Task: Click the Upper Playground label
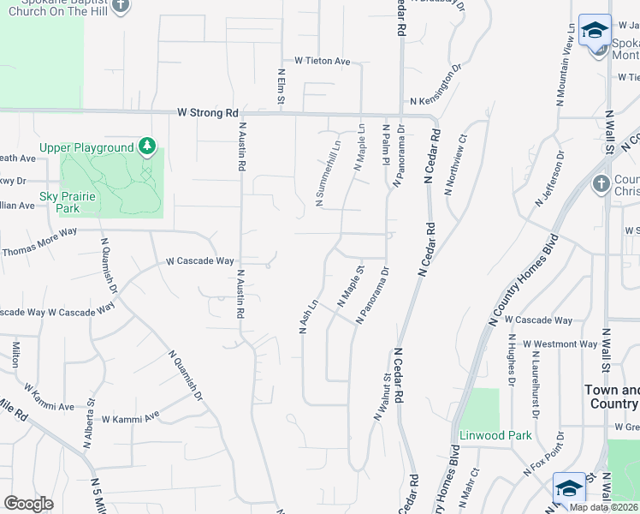[86, 147]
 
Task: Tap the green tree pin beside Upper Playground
[148, 146]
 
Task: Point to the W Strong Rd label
[208, 112]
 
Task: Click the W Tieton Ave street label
[323, 61]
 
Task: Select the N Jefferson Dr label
[549, 179]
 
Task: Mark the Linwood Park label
[495, 435]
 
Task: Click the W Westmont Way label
[560, 344]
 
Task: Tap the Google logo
[28, 504]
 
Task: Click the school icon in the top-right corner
[594, 32]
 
